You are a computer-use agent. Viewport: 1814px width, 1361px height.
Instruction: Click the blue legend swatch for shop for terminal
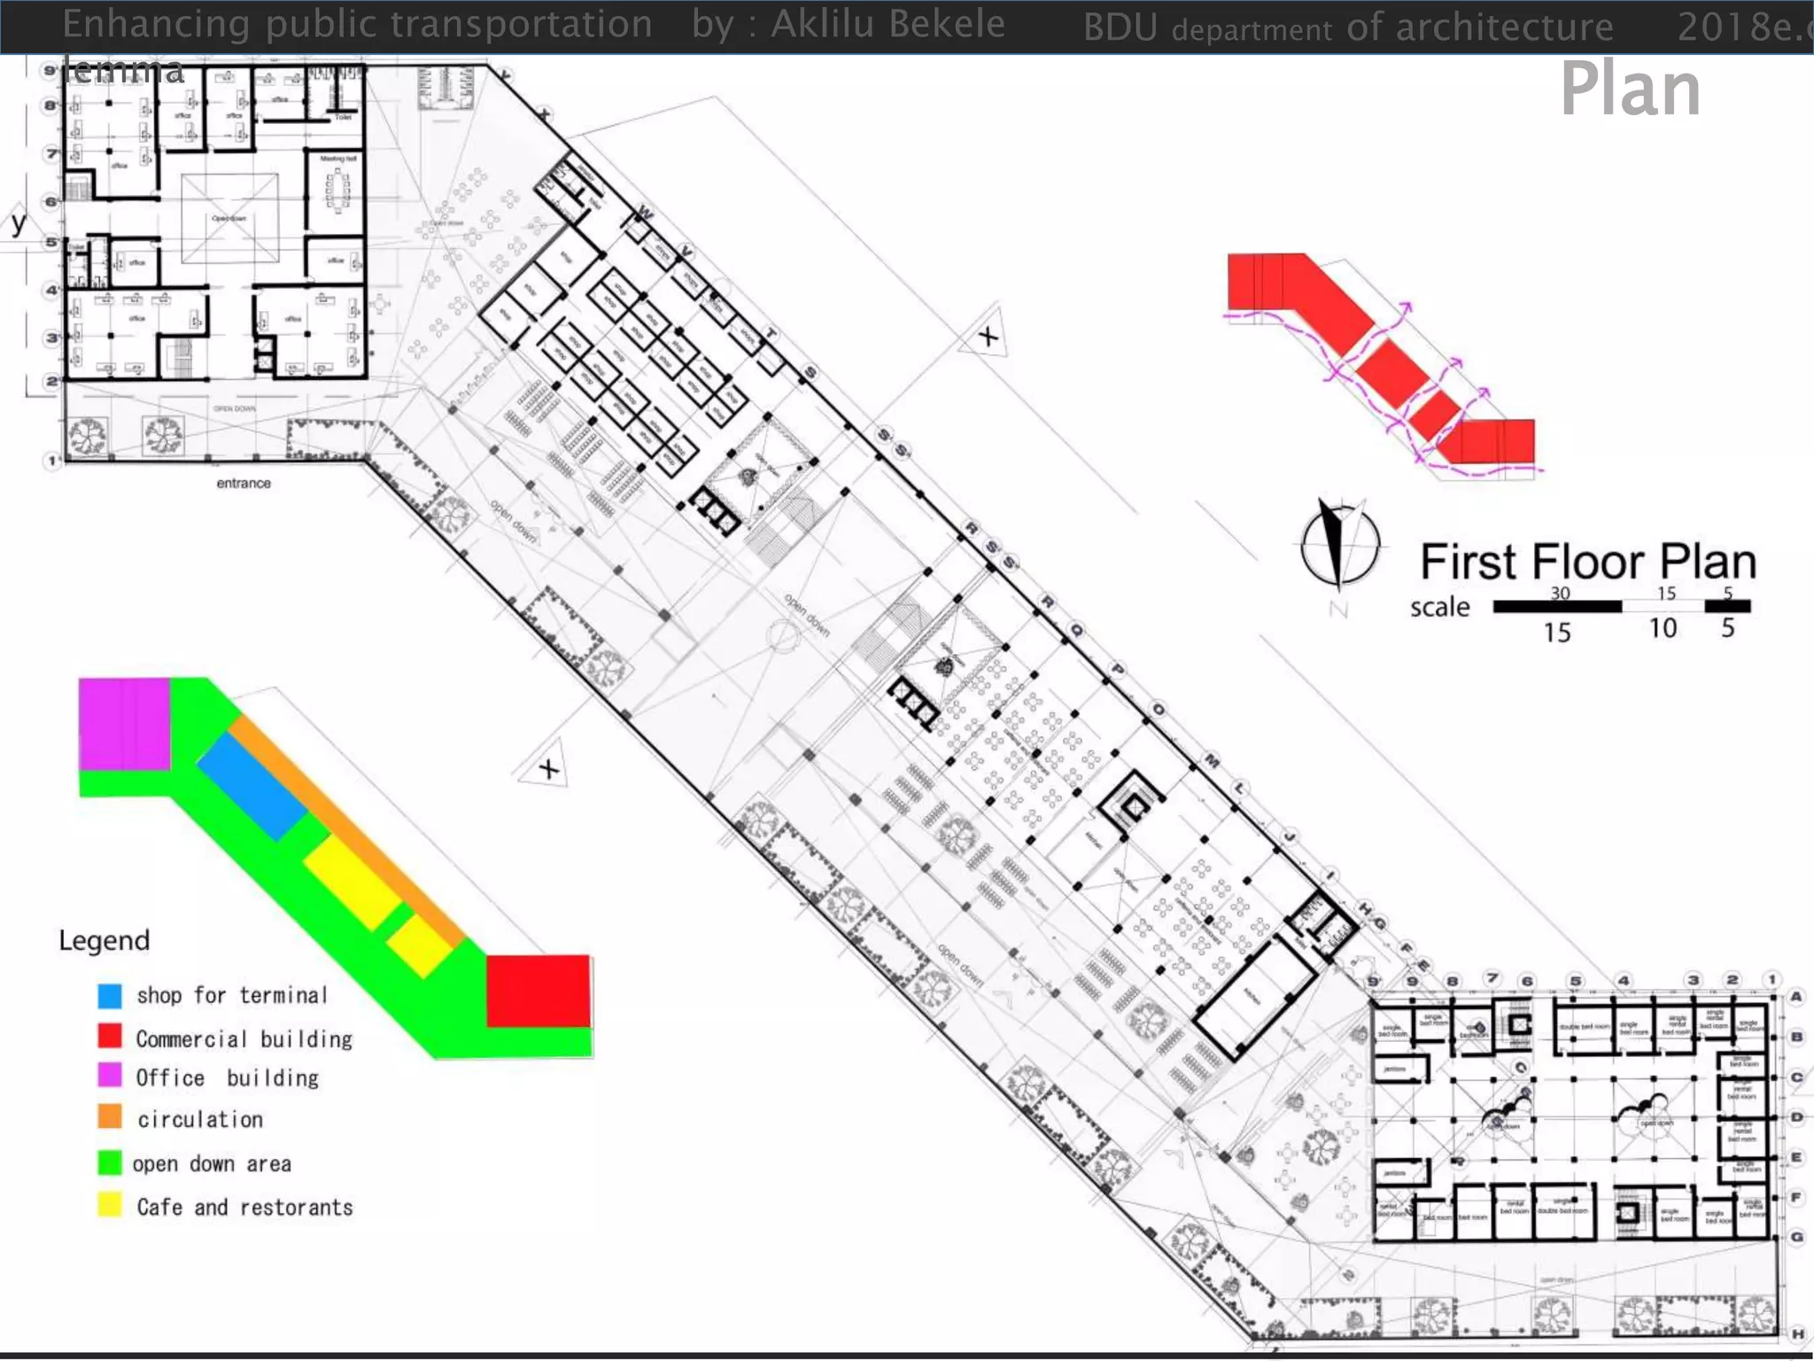[x=110, y=996]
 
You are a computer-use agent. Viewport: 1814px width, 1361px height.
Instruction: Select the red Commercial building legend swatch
[x=110, y=1036]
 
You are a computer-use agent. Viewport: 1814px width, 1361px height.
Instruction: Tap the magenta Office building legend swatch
[x=110, y=1076]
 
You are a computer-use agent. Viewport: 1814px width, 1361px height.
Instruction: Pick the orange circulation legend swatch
[x=110, y=1116]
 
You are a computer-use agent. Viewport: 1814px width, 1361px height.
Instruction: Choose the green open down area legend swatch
[x=110, y=1163]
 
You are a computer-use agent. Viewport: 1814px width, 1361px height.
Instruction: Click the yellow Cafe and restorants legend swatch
[x=110, y=1205]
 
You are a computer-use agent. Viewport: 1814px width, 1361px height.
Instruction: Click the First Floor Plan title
[x=1587, y=562]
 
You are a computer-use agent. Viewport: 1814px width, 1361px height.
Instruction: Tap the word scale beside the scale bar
[x=1439, y=607]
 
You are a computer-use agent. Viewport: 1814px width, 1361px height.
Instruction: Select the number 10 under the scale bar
[x=1663, y=628]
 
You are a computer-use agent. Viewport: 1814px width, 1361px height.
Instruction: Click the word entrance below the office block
[x=244, y=484]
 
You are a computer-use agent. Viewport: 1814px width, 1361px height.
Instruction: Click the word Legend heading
[x=104, y=940]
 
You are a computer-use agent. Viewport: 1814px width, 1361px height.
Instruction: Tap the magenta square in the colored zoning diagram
[x=124, y=724]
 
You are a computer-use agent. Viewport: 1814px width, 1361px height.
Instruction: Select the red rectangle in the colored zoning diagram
[x=539, y=991]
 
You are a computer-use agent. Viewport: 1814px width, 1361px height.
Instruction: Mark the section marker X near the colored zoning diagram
[x=548, y=768]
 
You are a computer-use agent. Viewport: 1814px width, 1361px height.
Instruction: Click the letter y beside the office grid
[x=19, y=222]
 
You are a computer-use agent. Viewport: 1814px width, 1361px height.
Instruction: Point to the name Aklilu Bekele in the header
[x=888, y=24]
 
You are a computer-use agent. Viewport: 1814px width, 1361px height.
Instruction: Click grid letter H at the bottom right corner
[x=1797, y=1334]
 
